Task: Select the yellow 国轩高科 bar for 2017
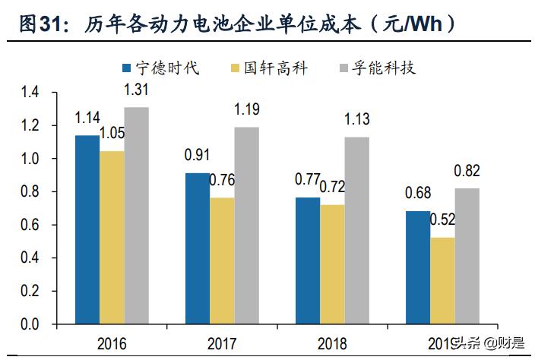pyautogui.click(x=222, y=261)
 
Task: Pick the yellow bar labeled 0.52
pyautogui.click(x=442, y=280)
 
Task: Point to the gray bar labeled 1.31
pyautogui.click(x=137, y=216)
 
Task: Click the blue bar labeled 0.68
pyautogui.click(x=418, y=267)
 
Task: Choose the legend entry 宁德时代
pyautogui.click(x=160, y=68)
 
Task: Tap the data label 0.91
pyautogui.click(x=198, y=156)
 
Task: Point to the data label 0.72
pyautogui.click(x=332, y=187)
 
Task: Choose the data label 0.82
pyautogui.click(x=467, y=170)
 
